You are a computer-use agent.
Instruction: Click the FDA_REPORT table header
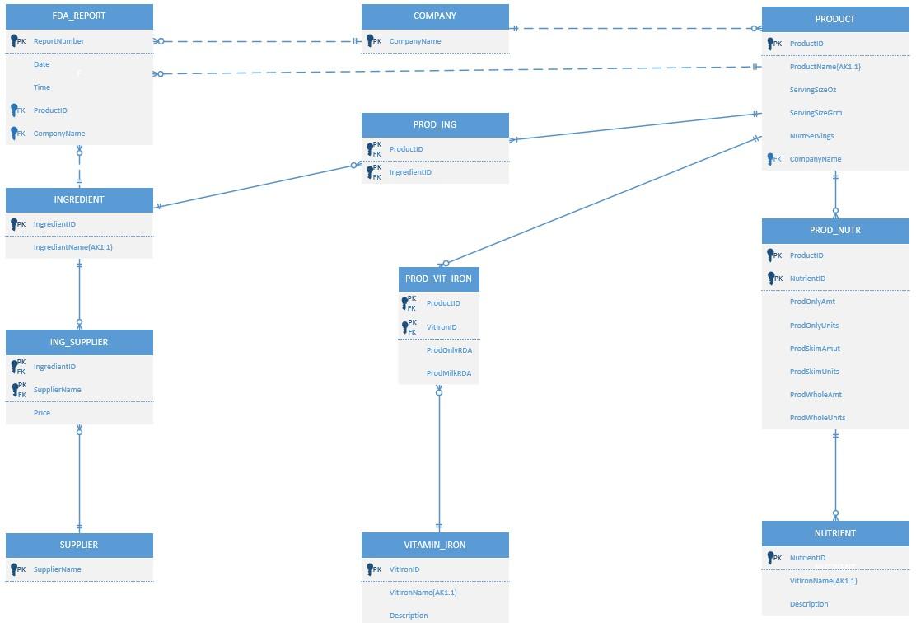pyautogui.click(x=79, y=16)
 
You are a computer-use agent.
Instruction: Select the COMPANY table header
pyautogui.click(x=435, y=16)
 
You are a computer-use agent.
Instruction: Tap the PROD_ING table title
pyautogui.click(x=435, y=124)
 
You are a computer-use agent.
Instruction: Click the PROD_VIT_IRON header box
pyautogui.click(x=438, y=279)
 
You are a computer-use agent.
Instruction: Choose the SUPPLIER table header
pyautogui.click(x=79, y=545)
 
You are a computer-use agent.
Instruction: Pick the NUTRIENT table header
pyautogui.click(x=835, y=533)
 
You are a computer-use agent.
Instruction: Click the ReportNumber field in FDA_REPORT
pyautogui.click(x=58, y=41)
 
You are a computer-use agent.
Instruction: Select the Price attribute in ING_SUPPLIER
pyautogui.click(x=42, y=413)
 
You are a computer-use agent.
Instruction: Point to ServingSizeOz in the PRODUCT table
pyautogui.click(x=812, y=90)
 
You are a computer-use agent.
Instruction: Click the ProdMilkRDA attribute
pyautogui.click(x=449, y=373)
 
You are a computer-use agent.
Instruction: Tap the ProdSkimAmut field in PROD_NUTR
pyautogui.click(x=815, y=349)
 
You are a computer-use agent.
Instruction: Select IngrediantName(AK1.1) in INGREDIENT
pyautogui.click(x=72, y=247)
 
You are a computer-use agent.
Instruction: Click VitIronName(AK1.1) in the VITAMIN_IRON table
pyautogui.click(x=423, y=593)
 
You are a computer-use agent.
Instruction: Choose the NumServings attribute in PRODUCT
pyautogui.click(x=811, y=136)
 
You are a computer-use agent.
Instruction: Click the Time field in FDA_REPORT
pyautogui.click(x=42, y=87)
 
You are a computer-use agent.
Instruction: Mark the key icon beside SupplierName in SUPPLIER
pyautogui.click(x=14, y=569)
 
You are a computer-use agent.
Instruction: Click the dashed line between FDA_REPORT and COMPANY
pyautogui.click(x=255, y=41)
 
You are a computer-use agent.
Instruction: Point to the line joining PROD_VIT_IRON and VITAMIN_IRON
pyautogui.click(x=439, y=461)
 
